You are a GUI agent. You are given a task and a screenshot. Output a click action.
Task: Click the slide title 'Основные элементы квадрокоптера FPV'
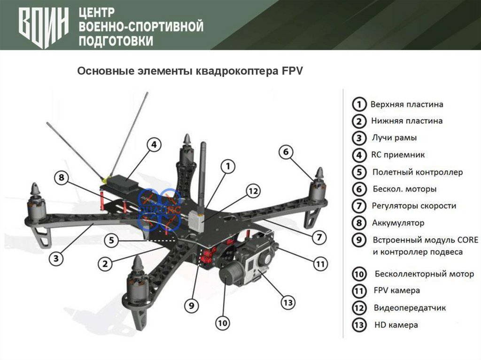tap(191, 71)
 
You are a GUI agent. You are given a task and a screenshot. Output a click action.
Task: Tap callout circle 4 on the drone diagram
tap(154, 145)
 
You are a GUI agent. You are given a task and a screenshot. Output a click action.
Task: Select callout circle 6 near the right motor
tap(287, 152)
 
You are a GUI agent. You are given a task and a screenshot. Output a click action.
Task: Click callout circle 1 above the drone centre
tap(228, 166)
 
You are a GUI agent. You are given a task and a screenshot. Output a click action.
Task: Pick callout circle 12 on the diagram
tap(253, 191)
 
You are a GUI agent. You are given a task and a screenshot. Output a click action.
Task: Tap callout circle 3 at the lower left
tap(56, 258)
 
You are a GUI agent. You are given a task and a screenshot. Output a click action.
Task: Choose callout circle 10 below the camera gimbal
tap(223, 322)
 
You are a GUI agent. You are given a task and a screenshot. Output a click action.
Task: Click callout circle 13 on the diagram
tap(288, 301)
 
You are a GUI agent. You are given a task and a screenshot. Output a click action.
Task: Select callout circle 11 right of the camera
tap(320, 264)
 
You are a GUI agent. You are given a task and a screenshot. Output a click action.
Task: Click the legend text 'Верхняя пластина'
tap(407, 104)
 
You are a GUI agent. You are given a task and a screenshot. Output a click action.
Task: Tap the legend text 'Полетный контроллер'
tap(418, 172)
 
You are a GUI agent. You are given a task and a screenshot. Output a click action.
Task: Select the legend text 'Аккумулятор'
tap(398, 223)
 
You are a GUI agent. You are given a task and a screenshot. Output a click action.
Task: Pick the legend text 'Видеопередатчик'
tap(410, 308)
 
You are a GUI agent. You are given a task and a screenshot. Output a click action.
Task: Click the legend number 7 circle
tap(359, 206)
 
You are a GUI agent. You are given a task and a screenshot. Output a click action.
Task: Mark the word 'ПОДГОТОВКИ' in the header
tap(116, 41)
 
